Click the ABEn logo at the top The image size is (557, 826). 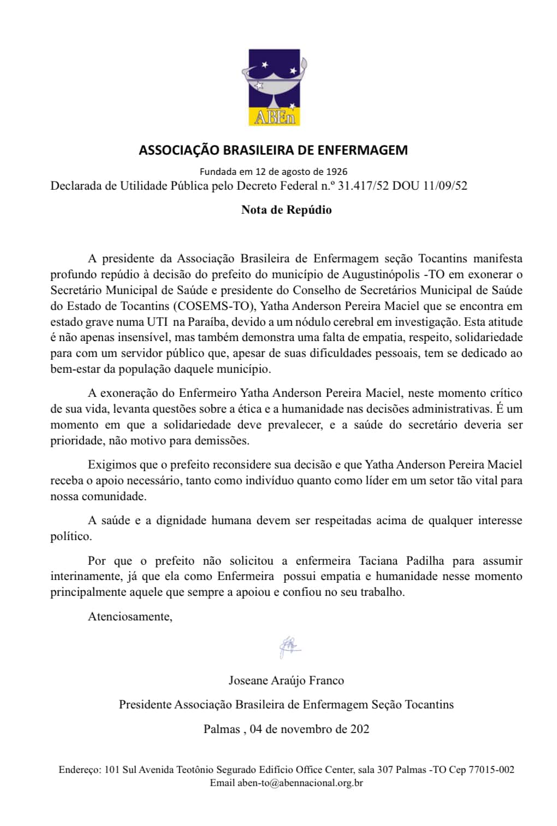point(275,87)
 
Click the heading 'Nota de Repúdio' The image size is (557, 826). point(286,210)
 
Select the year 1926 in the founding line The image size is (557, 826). point(337,172)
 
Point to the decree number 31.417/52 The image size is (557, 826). point(363,186)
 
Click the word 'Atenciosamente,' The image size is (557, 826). point(130,617)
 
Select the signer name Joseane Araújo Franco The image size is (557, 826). point(286,681)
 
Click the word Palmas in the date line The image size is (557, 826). point(221,729)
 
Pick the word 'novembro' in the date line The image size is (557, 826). point(307,729)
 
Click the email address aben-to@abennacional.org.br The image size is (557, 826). point(300,783)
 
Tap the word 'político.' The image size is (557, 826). point(71,536)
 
